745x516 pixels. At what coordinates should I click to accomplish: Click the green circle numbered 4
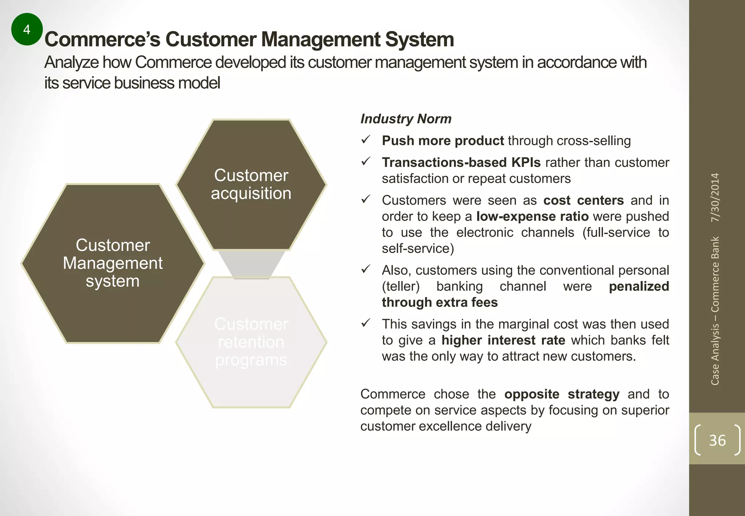[27, 29]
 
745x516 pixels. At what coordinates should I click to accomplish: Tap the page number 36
[717, 440]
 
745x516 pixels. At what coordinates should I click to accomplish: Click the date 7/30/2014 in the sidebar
[715, 198]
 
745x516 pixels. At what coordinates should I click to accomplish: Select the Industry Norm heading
[406, 119]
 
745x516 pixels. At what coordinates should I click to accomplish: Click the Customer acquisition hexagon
[251, 184]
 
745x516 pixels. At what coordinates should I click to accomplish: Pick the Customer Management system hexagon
[113, 263]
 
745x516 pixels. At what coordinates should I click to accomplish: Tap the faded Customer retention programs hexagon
[251, 342]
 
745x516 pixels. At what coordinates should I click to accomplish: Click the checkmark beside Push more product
[366, 139]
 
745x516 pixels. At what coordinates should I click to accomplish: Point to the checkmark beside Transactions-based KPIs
[366, 161]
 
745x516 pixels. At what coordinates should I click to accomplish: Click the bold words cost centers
[583, 201]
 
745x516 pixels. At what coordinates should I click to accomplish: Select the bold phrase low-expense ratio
[532, 217]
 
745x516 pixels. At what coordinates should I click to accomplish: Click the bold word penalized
[639, 286]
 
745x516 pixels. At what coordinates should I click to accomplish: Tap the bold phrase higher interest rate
[503, 340]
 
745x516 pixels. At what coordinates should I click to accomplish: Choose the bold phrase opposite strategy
[562, 394]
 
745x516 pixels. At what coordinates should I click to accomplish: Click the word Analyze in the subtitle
[71, 63]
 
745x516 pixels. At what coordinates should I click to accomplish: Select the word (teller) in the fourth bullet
[401, 286]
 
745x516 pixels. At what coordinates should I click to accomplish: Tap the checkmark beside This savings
[366, 323]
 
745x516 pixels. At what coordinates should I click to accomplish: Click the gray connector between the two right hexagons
[251, 264]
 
